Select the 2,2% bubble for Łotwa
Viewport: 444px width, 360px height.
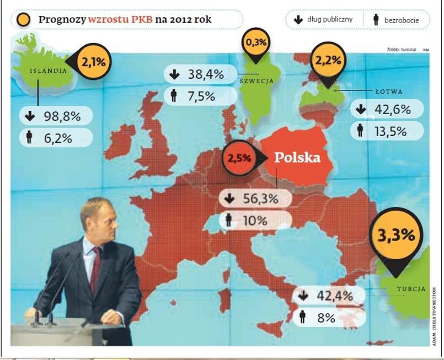tap(328, 59)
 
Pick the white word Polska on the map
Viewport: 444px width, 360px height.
tap(297, 157)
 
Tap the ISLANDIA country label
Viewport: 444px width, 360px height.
tap(48, 71)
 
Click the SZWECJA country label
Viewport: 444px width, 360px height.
tap(256, 80)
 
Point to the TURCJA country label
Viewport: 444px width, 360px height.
tap(411, 289)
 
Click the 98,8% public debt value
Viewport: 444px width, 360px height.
tap(62, 116)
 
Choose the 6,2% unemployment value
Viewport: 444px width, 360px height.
tap(58, 138)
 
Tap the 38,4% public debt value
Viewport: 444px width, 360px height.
tap(205, 74)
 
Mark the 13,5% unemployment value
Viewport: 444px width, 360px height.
tap(390, 131)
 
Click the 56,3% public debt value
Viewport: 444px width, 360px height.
tap(260, 199)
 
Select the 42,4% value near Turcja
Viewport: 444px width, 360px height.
tap(334, 295)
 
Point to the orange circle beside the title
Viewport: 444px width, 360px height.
tap(24, 20)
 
